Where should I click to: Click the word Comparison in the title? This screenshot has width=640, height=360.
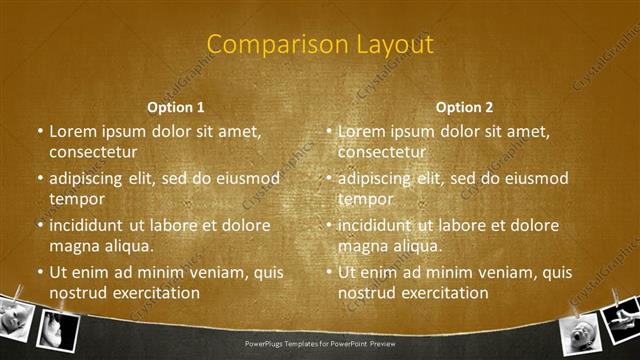pos(267,44)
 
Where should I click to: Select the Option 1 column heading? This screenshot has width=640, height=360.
pos(176,106)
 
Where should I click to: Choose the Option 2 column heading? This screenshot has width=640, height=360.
pos(465,106)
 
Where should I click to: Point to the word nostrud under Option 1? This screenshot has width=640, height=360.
pos(76,293)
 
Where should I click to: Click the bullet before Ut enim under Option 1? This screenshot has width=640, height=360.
pos(39,272)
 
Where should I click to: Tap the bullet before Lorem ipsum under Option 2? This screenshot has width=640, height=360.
pos(328,131)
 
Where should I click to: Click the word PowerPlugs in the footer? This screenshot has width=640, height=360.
pos(267,344)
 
